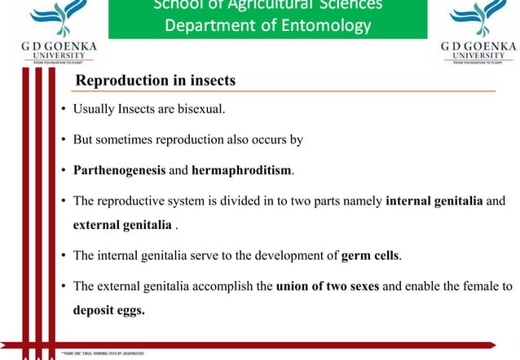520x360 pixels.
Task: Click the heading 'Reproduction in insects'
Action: click(155, 81)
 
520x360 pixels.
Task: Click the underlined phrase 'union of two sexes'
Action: click(327, 287)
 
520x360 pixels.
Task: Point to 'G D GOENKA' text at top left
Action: click(58, 47)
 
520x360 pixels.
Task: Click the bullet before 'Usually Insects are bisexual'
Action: click(63, 109)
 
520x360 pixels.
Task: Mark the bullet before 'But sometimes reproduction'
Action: click(63, 140)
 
